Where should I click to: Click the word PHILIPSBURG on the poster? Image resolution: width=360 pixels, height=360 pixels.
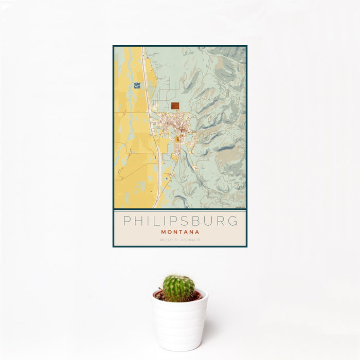point(180,221)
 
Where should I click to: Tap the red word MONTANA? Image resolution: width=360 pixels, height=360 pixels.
point(180,232)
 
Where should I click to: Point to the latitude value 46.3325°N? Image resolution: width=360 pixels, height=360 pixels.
point(169,240)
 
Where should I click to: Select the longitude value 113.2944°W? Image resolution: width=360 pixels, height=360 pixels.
point(190,240)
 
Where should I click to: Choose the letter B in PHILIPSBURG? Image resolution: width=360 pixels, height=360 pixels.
point(193,221)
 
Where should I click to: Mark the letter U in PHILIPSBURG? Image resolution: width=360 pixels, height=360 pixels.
point(207,221)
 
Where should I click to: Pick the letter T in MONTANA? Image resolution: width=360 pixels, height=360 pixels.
point(180,232)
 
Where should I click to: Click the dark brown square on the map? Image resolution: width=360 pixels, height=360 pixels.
point(175,105)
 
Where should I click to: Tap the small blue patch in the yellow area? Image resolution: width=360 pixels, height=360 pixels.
point(136,86)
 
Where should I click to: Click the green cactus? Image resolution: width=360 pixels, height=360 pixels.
point(179,287)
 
